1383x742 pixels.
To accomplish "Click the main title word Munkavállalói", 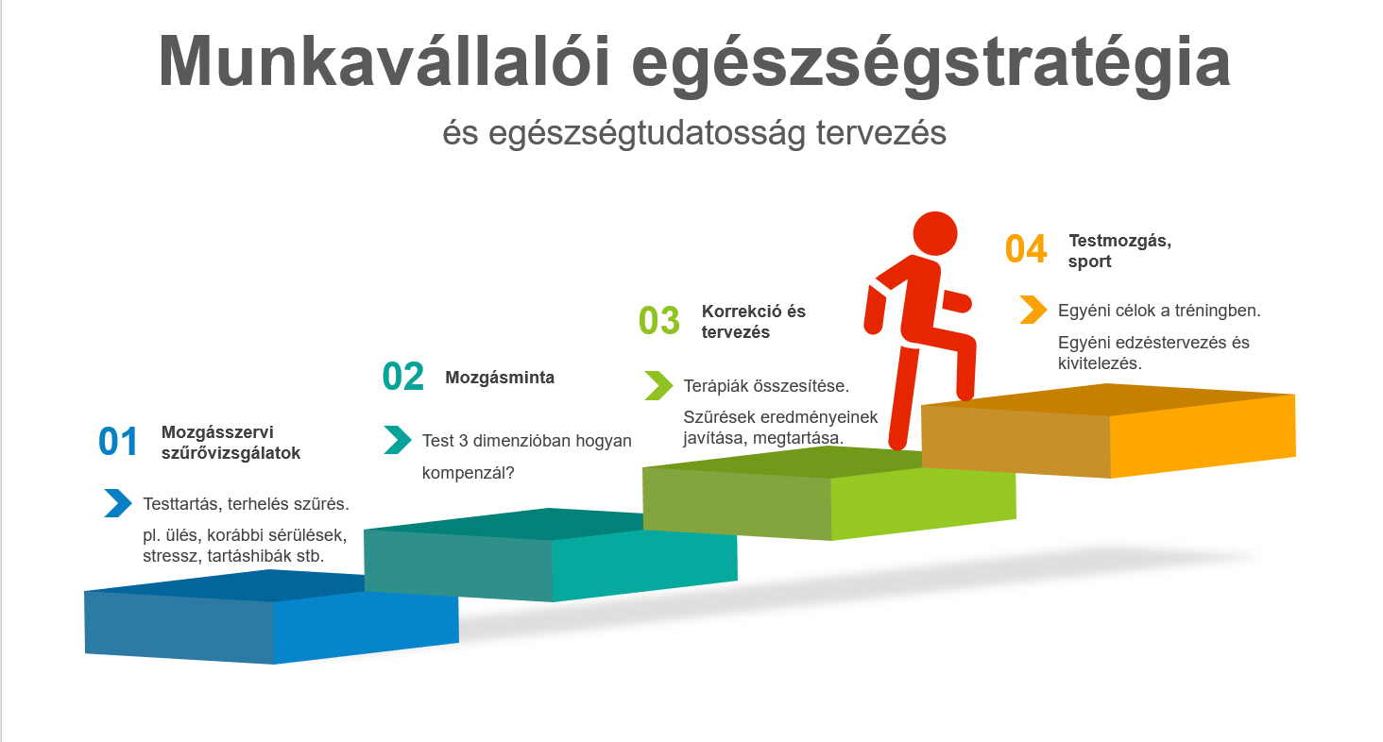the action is click(384, 61).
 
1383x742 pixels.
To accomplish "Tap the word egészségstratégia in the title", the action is click(931, 65).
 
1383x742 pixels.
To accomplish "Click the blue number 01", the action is click(118, 442).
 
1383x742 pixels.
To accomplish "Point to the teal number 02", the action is click(403, 377).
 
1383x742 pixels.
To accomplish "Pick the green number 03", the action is click(658, 321).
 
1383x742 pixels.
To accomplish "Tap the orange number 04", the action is click(1026, 249).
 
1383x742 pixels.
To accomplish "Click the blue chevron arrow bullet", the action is click(118, 502).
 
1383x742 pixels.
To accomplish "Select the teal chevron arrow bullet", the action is click(398, 440).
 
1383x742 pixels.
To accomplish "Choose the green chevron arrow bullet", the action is click(658, 385).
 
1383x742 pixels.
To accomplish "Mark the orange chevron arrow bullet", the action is click(1033, 310).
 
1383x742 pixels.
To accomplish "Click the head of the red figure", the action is click(935, 233).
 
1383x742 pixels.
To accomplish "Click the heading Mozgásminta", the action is click(500, 378).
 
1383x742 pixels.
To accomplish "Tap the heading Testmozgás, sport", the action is click(1119, 250).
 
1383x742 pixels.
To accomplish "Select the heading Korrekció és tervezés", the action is click(753, 321).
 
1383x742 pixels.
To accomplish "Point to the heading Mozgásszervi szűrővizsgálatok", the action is click(230, 442).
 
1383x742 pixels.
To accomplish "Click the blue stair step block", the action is click(272, 616).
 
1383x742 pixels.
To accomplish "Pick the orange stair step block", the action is click(1108, 430).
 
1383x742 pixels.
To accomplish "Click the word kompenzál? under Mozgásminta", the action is click(468, 473).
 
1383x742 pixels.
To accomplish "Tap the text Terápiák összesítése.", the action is click(766, 386).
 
